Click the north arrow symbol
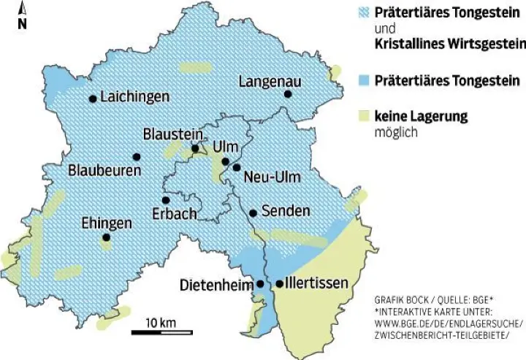(x=22, y=15)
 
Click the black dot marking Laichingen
(x=93, y=99)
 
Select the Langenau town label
(x=270, y=80)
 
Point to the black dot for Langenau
(x=288, y=94)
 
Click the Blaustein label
(x=172, y=134)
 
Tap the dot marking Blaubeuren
(x=136, y=156)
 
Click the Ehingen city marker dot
(x=106, y=237)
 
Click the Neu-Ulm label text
(x=272, y=177)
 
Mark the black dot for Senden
(x=253, y=213)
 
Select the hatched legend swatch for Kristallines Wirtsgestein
(x=360, y=12)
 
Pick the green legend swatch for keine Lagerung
(x=360, y=115)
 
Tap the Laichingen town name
(x=135, y=96)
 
